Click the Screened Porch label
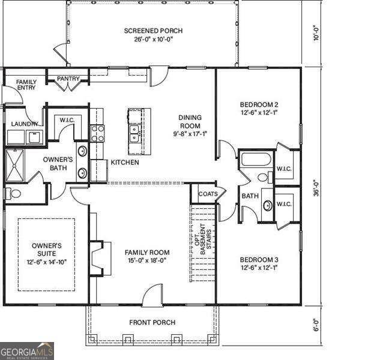pos(153,31)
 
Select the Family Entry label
pos(26,85)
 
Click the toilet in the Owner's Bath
pos(13,194)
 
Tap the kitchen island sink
pos(135,133)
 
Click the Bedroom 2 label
pos(259,104)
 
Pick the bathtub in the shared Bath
pos(256,161)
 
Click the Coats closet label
pos(208,194)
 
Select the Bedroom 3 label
pos(259,259)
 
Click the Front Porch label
pos(152,323)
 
